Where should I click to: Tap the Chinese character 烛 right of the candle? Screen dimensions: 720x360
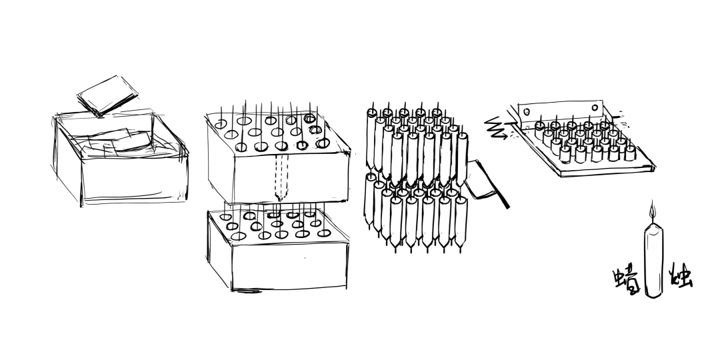tap(681, 276)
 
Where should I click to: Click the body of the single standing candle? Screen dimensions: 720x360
tap(653, 259)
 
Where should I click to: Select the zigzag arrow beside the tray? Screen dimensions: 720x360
tap(497, 127)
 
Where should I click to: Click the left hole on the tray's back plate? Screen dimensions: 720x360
tap(526, 111)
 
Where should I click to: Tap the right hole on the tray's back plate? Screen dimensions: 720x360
tap(595, 108)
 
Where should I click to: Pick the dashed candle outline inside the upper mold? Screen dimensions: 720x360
tap(281, 178)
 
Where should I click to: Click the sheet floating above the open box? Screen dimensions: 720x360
tap(107, 95)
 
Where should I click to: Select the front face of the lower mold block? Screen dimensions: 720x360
tap(289, 265)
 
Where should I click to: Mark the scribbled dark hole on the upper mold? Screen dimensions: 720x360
tap(315, 130)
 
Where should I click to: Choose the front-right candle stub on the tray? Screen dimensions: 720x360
tap(630, 153)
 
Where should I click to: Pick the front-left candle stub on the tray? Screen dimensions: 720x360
tap(565, 154)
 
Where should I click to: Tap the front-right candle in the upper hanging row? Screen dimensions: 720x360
tap(462, 159)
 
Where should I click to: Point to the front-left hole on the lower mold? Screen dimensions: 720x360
tap(238, 236)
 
